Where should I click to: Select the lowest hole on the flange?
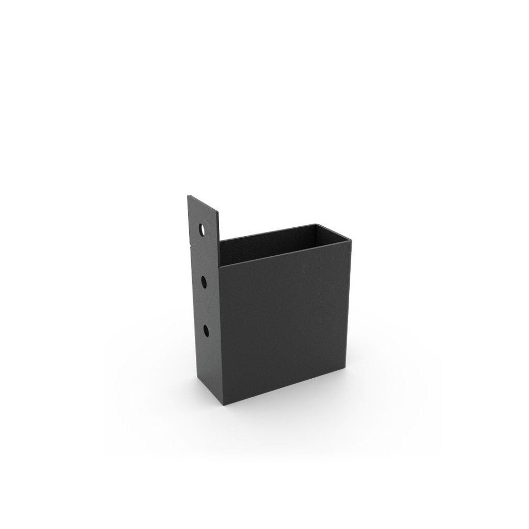pos(206,330)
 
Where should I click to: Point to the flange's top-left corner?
pos(188,195)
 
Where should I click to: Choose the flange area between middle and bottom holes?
pos(205,306)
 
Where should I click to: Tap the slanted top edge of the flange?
pos(204,202)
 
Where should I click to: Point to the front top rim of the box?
pos(287,252)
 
